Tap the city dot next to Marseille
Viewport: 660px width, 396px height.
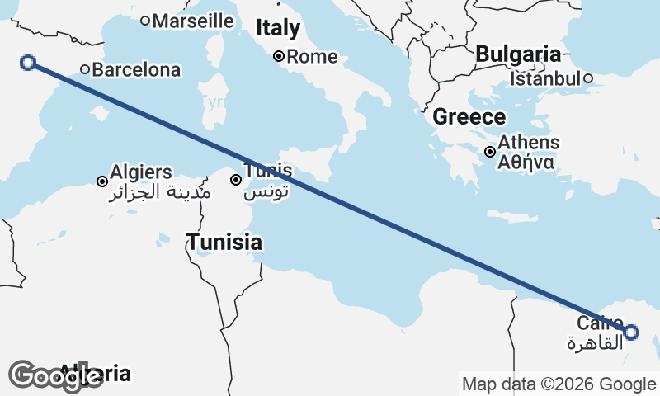point(145,21)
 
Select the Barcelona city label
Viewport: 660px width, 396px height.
point(136,70)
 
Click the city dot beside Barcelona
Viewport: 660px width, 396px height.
point(85,69)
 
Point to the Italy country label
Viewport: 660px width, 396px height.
point(278,28)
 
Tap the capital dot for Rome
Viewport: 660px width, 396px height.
point(279,56)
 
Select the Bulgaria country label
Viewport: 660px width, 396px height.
point(518,54)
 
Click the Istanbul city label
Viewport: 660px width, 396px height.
point(545,79)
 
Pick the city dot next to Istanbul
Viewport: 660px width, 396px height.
point(588,78)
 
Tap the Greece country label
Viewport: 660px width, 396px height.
point(469,116)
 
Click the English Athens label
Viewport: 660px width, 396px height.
point(529,143)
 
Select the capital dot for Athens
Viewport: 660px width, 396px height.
point(490,151)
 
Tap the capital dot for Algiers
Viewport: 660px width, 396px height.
point(102,181)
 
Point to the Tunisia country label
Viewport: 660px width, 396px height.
point(224,243)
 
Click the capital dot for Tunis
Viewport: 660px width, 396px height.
point(236,179)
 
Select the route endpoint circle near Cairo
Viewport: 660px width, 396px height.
point(631,332)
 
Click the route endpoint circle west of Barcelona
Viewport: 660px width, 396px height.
point(28,62)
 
